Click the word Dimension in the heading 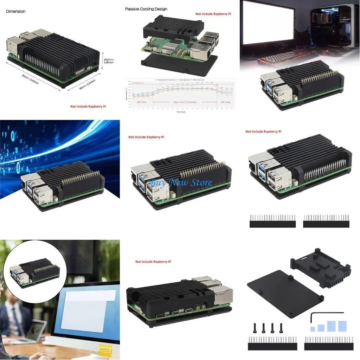16,11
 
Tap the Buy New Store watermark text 181,182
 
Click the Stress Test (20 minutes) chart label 185,102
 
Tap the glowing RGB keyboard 278,56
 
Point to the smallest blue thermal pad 313,329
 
